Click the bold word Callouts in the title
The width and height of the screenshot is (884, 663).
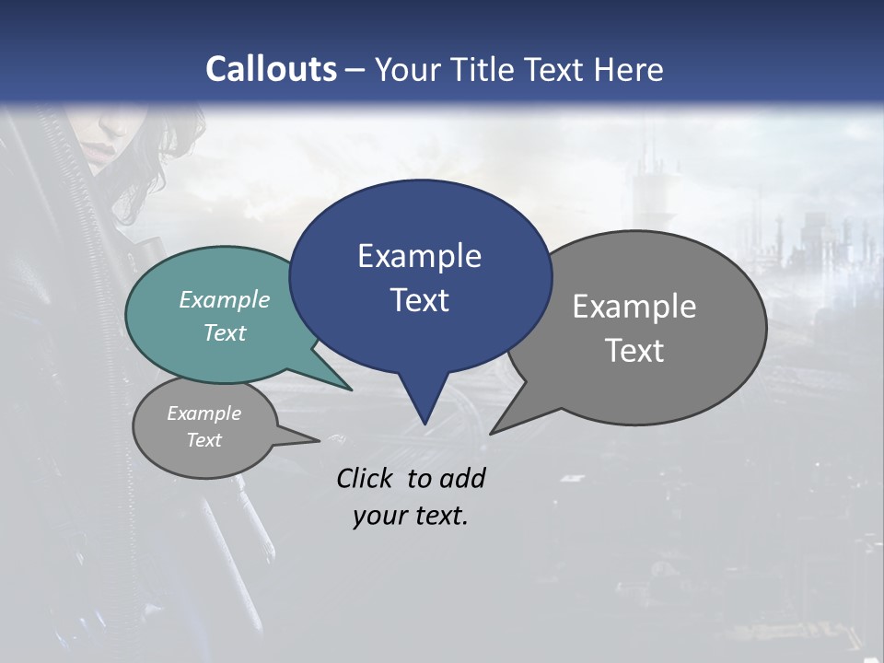pyautogui.click(x=271, y=69)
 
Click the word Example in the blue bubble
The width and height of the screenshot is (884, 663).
pyautogui.click(x=419, y=256)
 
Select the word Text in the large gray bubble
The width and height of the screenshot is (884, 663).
pyautogui.click(x=634, y=351)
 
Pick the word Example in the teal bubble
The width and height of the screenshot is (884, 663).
pyautogui.click(x=225, y=300)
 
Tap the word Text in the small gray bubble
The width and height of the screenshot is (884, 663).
pyautogui.click(x=204, y=440)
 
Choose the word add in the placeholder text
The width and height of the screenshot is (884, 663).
pyautogui.click(x=461, y=478)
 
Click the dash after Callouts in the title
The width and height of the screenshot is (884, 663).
pyautogui.click(x=355, y=70)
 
